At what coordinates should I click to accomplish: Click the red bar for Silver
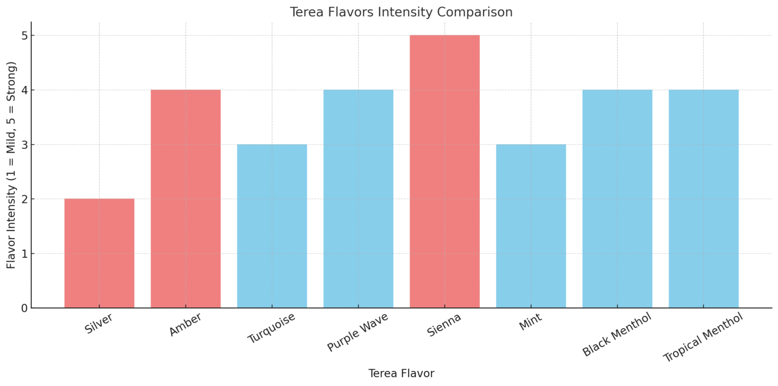point(99,253)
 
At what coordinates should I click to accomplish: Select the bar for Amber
point(185,199)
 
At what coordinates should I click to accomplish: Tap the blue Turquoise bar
point(272,226)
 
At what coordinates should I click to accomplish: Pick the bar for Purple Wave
point(358,199)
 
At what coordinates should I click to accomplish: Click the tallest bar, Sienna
point(445,171)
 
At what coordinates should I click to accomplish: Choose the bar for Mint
point(531,226)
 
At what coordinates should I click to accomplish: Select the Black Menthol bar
point(617,199)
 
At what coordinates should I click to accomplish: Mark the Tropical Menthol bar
point(704,199)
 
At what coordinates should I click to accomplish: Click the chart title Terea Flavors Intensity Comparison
point(401,12)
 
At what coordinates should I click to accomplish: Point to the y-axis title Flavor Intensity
point(12,165)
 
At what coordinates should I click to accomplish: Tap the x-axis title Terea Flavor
point(401,374)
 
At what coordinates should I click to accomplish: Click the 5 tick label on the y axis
point(24,35)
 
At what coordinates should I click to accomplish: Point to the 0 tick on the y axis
point(24,308)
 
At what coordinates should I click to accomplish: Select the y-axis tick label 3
point(24,144)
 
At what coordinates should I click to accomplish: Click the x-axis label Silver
point(99,324)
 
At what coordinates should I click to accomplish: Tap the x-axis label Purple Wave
point(358,332)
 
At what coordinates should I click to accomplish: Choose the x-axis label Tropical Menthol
point(703,337)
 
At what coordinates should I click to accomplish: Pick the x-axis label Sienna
point(444,325)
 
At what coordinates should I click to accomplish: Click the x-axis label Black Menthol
point(616,335)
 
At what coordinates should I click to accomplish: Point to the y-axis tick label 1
point(24,253)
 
